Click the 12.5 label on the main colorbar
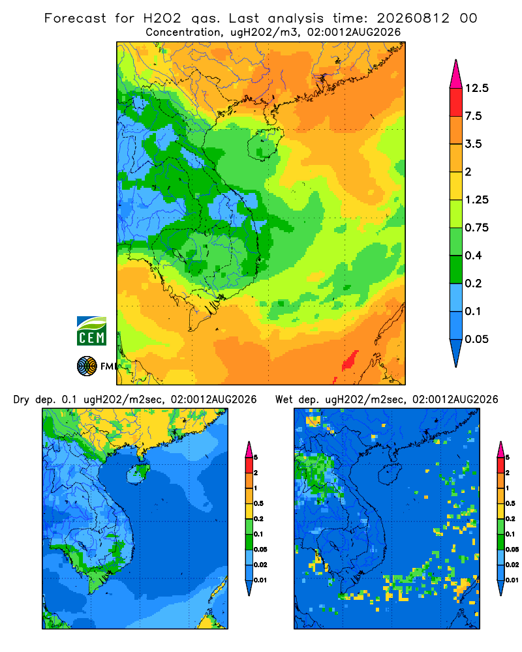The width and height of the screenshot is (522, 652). click(476, 88)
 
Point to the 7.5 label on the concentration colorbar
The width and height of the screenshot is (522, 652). click(473, 116)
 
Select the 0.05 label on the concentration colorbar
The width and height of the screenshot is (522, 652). click(476, 339)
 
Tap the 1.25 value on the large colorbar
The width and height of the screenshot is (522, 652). click(476, 200)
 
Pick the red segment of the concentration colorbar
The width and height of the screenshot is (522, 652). click(456, 102)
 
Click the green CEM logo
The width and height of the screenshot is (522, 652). click(91, 331)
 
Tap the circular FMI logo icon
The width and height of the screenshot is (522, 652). click(87, 366)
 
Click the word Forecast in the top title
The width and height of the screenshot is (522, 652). click(75, 18)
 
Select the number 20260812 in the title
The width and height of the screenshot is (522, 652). click(413, 18)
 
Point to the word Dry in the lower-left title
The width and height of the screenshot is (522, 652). click(22, 400)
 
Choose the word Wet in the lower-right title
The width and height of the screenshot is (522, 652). click(284, 400)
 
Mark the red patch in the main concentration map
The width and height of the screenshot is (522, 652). click(350, 361)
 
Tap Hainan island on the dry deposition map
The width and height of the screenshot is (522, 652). click(138, 473)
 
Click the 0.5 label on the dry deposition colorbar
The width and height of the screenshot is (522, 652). click(258, 503)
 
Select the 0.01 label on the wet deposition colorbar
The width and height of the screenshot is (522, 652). click(512, 580)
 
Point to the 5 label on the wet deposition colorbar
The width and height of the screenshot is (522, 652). click(508, 458)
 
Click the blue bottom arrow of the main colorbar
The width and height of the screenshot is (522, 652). click(456, 352)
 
